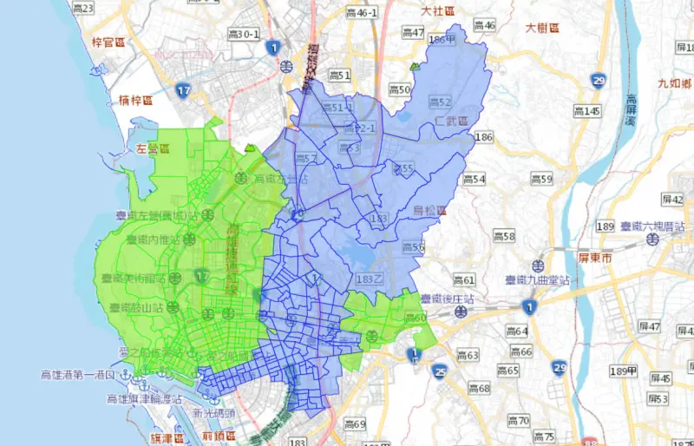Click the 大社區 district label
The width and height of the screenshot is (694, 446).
coord(439,11)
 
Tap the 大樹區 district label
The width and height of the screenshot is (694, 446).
coord(543,28)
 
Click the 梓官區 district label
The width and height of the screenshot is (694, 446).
coord(108,42)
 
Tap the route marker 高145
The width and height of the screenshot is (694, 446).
coord(587,111)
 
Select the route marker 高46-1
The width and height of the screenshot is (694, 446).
coord(361,13)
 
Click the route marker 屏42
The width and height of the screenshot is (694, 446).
coord(673,200)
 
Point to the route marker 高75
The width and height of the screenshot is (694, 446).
coord(544,436)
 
